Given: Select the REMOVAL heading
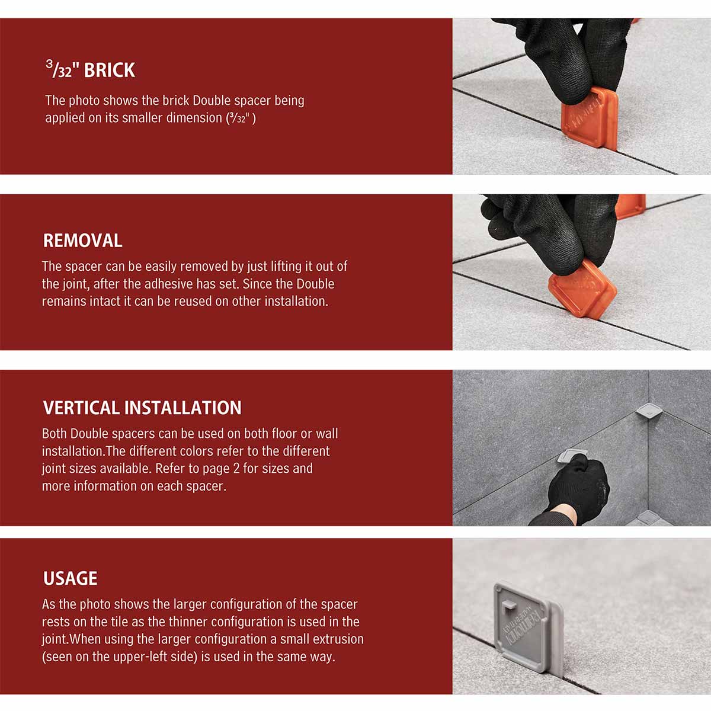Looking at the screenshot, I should tap(82, 241).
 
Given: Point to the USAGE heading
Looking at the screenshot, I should tap(70, 578).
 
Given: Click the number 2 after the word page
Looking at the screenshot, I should tap(226, 469).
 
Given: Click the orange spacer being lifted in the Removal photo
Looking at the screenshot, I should tap(582, 289).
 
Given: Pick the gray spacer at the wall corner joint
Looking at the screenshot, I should tap(647, 411).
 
